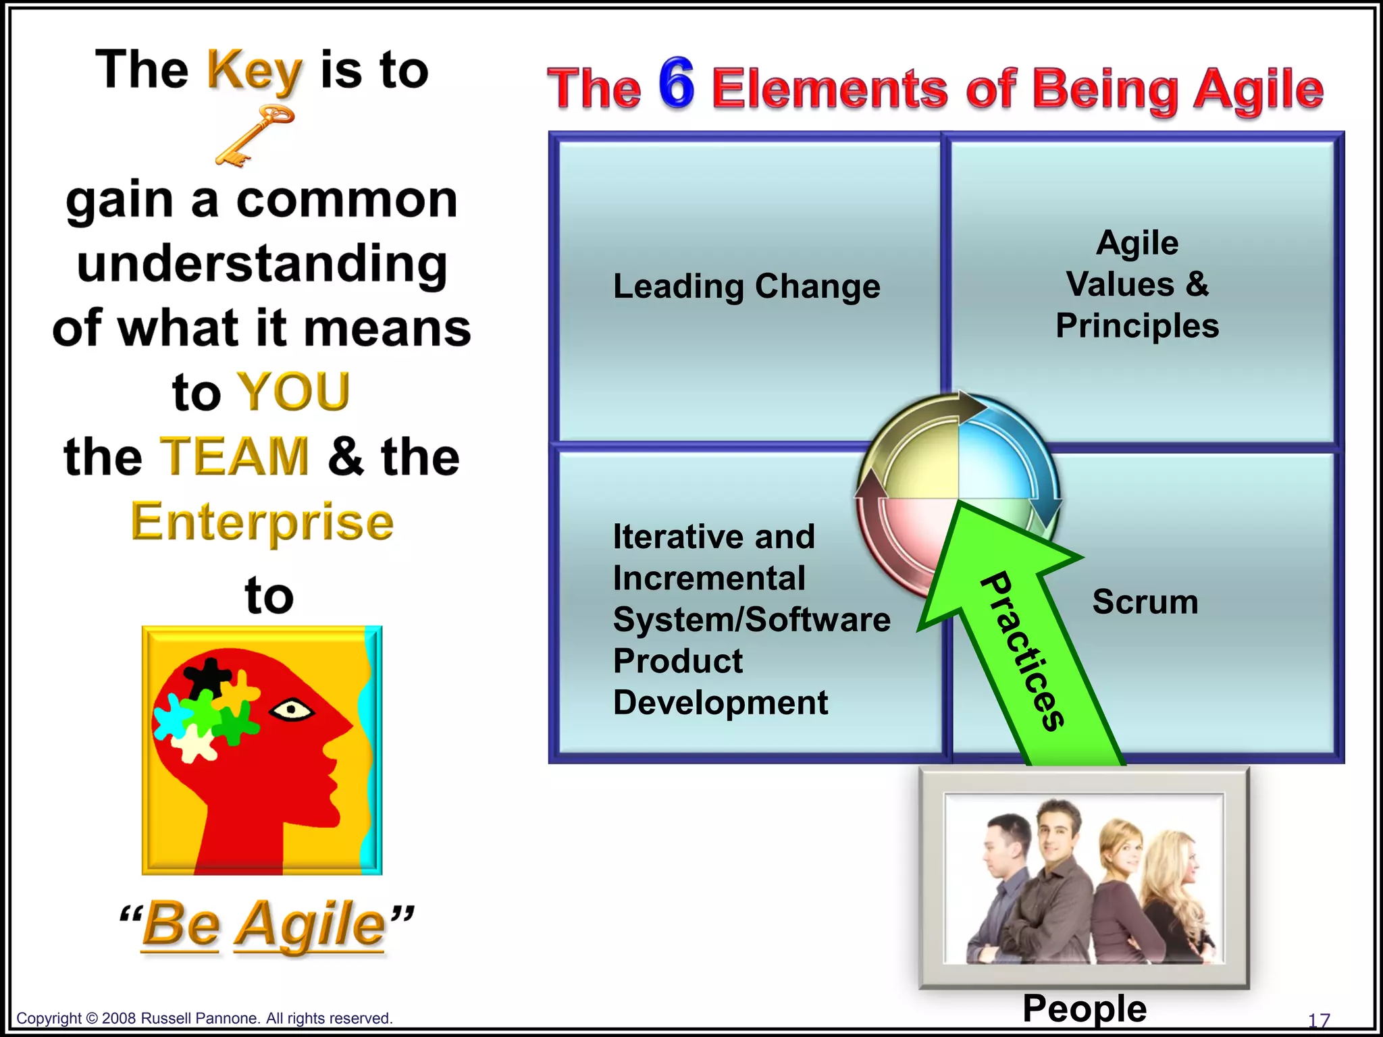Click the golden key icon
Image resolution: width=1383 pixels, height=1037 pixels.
click(255, 135)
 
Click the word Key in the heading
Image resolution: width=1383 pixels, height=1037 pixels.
click(254, 72)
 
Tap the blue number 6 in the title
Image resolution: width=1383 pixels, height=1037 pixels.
click(677, 84)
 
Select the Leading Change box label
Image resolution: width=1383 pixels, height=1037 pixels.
click(746, 286)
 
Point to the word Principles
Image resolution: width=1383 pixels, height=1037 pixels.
click(1137, 326)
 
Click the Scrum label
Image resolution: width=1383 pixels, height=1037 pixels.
click(1145, 602)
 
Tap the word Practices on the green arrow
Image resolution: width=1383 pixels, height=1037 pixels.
click(1024, 652)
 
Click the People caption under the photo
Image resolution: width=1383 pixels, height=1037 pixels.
click(1085, 1009)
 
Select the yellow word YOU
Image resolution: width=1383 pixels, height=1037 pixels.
click(294, 392)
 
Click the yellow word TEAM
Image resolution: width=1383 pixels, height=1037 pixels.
click(234, 457)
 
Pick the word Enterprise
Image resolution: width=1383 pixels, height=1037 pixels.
click(262, 522)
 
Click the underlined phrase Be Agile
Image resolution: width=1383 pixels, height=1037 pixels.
click(263, 924)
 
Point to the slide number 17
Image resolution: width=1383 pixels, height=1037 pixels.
click(1319, 1020)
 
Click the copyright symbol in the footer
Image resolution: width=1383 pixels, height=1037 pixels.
click(92, 1018)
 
